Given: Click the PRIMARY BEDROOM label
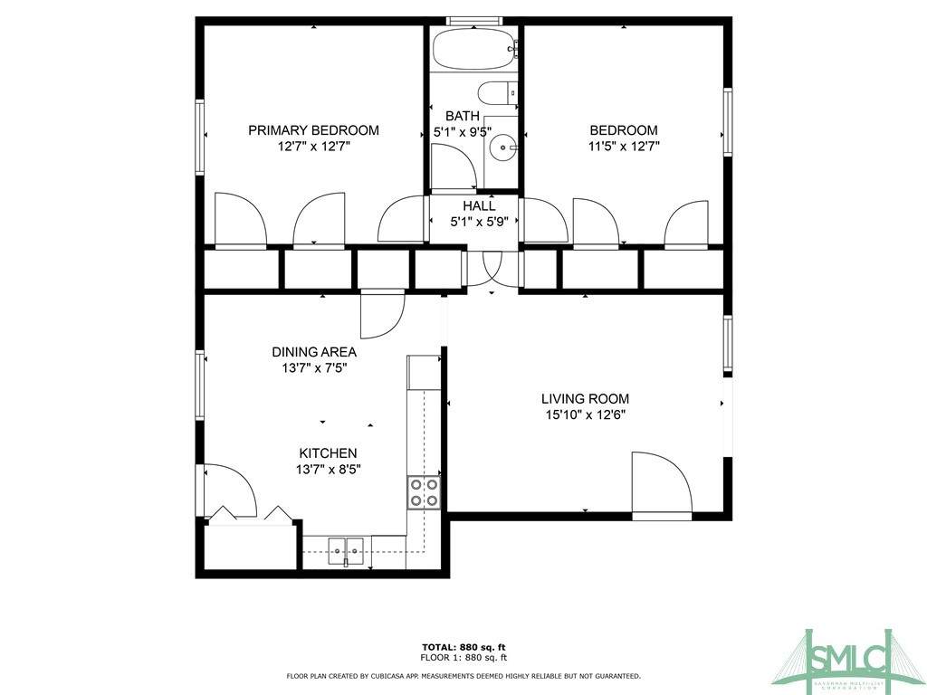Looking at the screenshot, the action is [x=313, y=130].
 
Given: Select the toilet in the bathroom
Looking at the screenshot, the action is [x=497, y=93].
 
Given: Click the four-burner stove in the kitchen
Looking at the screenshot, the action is [x=424, y=493].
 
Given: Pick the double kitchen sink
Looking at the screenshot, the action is [x=346, y=552].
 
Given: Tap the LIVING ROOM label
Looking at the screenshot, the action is [x=586, y=399].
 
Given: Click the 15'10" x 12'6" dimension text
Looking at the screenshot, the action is [x=586, y=414].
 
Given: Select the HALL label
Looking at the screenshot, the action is [x=480, y=206].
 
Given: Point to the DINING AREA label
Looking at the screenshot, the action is [x=314, y=352].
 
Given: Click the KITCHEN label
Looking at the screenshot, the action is [x=328, y=453].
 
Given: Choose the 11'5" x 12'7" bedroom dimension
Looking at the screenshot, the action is [x=624, y=146].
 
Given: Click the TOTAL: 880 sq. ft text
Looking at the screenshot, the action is [x=463, y=647].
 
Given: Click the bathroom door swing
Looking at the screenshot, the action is [x=454, y=167].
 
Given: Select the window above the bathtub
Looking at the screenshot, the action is [x=474, y=22].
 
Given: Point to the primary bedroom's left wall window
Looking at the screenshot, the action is [x=200, y=137].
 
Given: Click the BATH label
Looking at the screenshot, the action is [x=463, y=116].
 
